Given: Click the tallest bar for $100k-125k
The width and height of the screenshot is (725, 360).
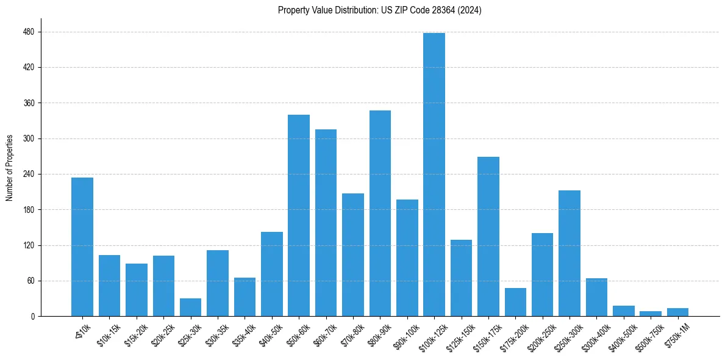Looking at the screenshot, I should [x=434, y=175].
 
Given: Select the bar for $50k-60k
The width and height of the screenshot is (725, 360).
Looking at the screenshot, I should [x=299, y=215].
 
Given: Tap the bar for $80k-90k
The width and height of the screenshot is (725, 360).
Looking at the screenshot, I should [x=380, y=214].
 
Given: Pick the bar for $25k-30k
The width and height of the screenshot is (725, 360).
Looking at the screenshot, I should [x=190, y=308].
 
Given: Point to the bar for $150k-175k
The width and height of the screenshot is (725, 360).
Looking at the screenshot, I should [x=488, y=237].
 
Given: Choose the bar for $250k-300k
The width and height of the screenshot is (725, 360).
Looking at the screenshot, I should [x=570, y=253].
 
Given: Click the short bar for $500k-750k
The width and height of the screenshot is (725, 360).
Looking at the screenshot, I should [x=651, y=314].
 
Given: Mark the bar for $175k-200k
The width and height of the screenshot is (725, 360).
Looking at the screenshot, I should [x=515, y=302].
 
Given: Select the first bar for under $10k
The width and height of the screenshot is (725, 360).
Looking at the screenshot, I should [x=82, y=247].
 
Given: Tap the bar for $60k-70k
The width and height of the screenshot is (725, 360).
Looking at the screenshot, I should [x=326, y=223].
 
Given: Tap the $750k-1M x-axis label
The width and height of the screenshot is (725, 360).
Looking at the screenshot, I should [x=677, y=336].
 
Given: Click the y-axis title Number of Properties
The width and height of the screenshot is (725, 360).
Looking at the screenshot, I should [x=10, y=168].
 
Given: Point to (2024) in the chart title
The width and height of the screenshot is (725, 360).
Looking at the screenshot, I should [x=471, y=10].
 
